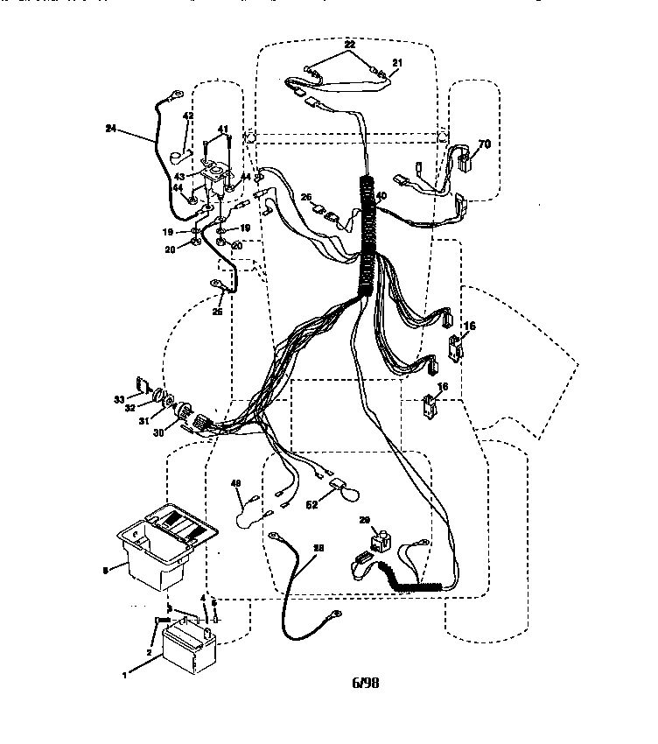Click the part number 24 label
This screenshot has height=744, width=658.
110,129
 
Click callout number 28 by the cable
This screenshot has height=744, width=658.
318,548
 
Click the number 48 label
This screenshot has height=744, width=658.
235,483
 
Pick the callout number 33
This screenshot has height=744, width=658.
120,400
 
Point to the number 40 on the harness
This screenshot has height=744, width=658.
381,196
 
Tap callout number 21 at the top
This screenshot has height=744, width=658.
396,62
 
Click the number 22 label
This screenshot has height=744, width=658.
350,44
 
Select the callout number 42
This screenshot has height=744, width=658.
187,116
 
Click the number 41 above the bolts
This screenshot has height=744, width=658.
223,130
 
